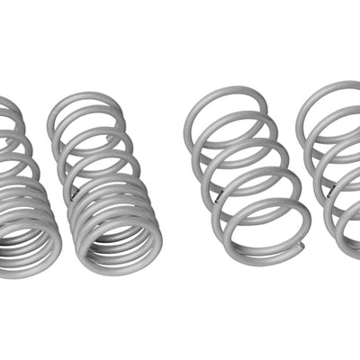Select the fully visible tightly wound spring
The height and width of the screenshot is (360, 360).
106,180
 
